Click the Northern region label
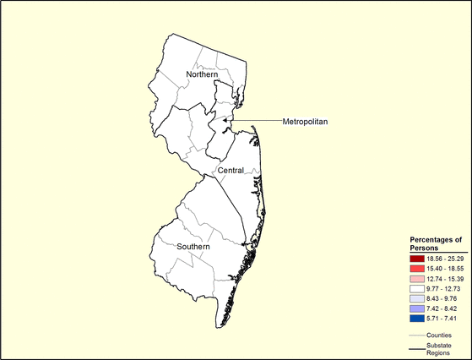pos(190,76)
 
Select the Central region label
pos(231,171)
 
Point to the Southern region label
pos(194,247)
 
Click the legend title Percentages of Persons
pos(436,243)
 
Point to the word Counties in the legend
pos(440,335)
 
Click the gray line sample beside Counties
pos(414,335)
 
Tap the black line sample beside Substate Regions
pos(414,346)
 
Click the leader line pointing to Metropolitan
pos(258,121)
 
